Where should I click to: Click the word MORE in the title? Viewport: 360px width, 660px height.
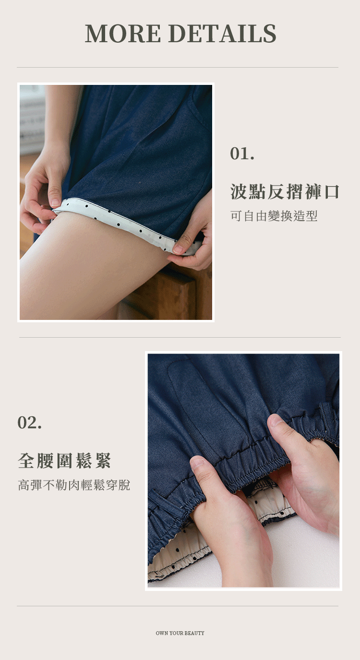point(123,33)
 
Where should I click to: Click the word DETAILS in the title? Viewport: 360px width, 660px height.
point(224,33)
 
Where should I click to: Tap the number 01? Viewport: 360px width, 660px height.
point(242,153)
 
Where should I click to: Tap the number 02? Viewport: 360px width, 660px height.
point(29,423)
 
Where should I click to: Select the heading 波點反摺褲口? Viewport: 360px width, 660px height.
point(285,192)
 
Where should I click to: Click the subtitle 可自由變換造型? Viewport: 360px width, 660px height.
point(274,216)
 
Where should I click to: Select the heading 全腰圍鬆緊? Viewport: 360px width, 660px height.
point(64,461)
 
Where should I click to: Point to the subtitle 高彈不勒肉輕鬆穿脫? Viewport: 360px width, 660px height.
point(74,485)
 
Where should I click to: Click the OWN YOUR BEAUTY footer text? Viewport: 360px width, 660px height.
point(180,633)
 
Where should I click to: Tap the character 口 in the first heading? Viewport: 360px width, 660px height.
point(331,192)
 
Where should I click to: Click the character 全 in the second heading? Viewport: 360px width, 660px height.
point(26,461)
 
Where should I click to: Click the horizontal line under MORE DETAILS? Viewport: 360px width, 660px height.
point(178,68)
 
